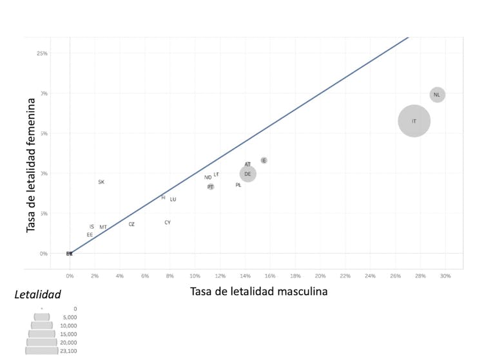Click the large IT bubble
point(414,121)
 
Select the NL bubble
point(437,95)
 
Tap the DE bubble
point(248,174)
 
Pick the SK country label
point(101,182)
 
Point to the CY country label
point(168,223)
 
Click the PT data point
point(211,187)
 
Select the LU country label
point(173,200)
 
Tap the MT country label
point(103,227)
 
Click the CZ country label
point(131,225)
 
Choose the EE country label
point(90,235)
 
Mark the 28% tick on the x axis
point(420,276)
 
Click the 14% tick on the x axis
point(245,276)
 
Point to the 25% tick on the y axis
point(42,53)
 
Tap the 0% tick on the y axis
point(43,254)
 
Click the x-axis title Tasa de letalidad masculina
point(258,292)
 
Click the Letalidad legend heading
point(37,295)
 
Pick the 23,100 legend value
point(68,351)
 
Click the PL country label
point(238,185)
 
